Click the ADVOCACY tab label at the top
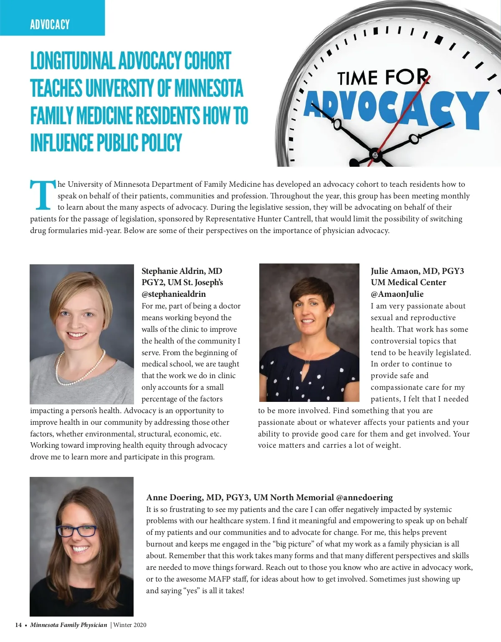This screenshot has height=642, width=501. pyautogui.click(x=50, y=25)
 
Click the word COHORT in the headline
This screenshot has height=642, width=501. pyautogui.click(x=207, y=61)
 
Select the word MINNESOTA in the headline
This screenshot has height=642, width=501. pyautogui.click(x=208, y=88)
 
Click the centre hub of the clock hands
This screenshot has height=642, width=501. pyautogui.click(x=375, y=155)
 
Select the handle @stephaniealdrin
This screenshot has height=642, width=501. pyautogui.click(x=174, y=294)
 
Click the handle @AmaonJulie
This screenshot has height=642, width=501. pyautogui.click(x=397, y=294)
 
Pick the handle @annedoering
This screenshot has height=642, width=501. pyautogui.click(x=364, y=497)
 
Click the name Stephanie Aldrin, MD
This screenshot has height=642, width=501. pyautogui.click(x=182, y=271)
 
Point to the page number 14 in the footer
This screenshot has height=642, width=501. pyautogui.click(x=18, y=625)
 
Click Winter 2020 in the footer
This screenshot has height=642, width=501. pyautogui.click(x=130, y=625)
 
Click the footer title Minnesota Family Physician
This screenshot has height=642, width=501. pyautogui.click(x=68, y=625)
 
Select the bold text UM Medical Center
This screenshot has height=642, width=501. pyautogui.click(x=408, y=282)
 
